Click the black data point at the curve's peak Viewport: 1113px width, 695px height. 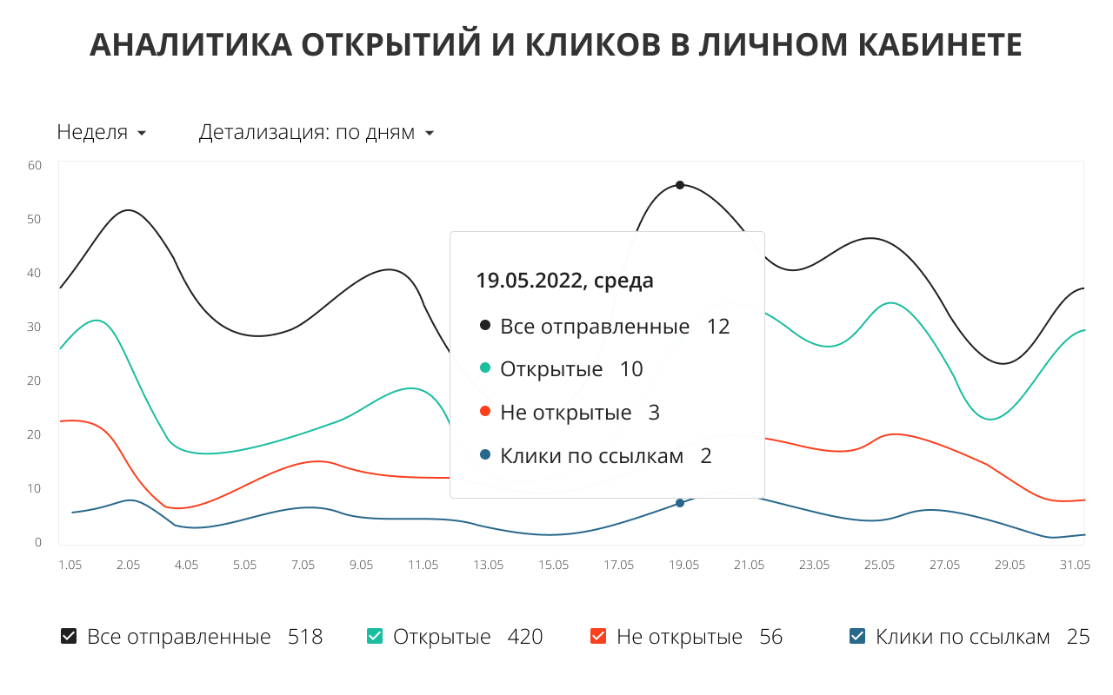pyautogui.click(x=680, y=185)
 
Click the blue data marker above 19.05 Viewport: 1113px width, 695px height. pyautogui.click(x=680, y=503)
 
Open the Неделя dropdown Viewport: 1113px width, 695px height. pyautogui.click(x=101, y=133)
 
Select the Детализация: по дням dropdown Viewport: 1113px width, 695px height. pyautogui.click(x=317, y=133)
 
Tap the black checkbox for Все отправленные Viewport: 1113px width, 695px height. pyautogui.click(x=69, y=637)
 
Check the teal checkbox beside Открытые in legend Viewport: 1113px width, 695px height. pyautogui.click(x=375, y=637)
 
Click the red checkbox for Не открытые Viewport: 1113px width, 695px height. pyautogui.click(x=598, y=637)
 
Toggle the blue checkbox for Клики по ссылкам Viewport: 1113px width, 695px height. pyautogui.click(x=857, y=637)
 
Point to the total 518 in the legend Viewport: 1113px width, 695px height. pyautogui.click(x=305, y=637)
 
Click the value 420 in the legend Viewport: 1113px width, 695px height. pyautogui.click(x=525, y=637)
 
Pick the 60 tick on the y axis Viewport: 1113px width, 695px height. pyautogui.click(x=35, y=165)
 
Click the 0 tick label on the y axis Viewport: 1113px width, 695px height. pyautogui.click(x=38, y=542)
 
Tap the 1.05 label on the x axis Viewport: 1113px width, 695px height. pyautogui.click(x=70, y=565)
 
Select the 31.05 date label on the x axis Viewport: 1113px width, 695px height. pyautogui.click(x=1075, y=565)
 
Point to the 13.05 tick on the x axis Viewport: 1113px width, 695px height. pyautogui.click(x=489, y=565)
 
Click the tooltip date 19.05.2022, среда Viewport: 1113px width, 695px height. pyautogui.click(x=564, y=281)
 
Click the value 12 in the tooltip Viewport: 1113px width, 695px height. pyautogui.click(x=718, y=327)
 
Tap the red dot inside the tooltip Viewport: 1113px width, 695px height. pyautogui.click(x=484, y=412)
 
